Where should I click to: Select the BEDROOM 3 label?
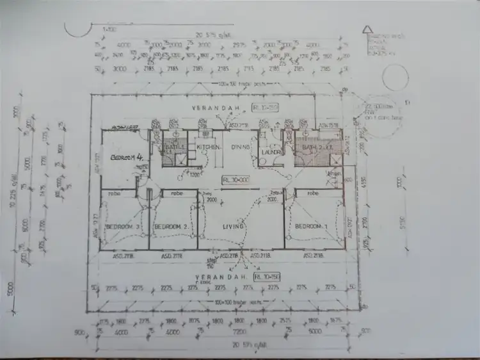coord(119,227)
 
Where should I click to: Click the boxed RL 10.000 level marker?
coord(236,180)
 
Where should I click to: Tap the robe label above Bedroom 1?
coord(314,193)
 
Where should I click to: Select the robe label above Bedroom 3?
coord(115,193)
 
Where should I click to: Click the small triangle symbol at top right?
coord(367,29)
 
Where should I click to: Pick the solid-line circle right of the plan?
coord(396,78)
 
